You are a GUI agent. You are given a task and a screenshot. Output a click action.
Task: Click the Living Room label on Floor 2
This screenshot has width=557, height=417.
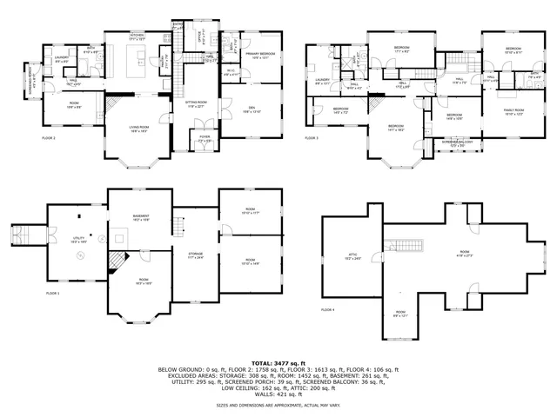(138, 128)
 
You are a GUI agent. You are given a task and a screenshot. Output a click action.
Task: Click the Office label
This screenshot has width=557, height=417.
(198, 39)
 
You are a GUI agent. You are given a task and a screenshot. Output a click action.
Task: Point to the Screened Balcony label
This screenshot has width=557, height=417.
(458, 142)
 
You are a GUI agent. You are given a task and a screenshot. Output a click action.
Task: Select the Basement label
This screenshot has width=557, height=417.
(141, 217)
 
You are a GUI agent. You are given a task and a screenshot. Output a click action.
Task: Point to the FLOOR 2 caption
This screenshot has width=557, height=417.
(49, 138)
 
